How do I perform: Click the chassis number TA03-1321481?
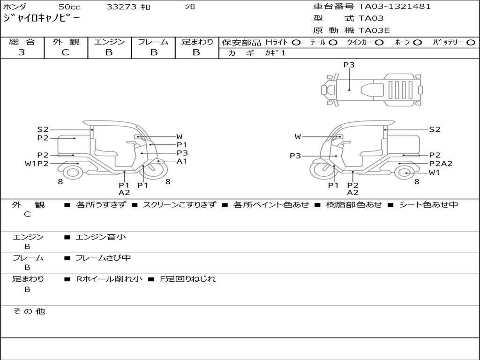(x=395, y=7)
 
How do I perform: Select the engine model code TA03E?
(x=374, y=30)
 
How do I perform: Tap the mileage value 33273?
(x=121, y=7)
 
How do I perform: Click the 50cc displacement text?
(x=69, y=7)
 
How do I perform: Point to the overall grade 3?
(x=22, y=52)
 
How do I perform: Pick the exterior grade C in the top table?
(x=65, y=52)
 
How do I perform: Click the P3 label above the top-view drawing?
(x=349, y=65)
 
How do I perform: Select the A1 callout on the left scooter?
(x=182, y=161)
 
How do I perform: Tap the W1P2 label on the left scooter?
(x=37, y=164)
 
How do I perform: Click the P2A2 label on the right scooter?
(x=441, y=164)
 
